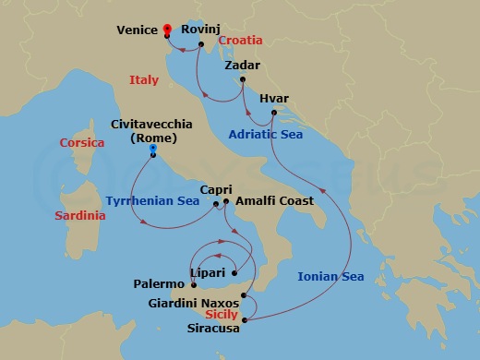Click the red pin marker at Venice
pos(167,29)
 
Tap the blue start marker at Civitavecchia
pos(152,149)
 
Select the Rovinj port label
pos(200,30)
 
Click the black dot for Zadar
pos(242,79)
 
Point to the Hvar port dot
pos(274,113)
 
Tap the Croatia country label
pos(241,41)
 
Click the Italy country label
pos(144,80)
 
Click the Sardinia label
pos(80,215)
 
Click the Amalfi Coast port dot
pos(226,200)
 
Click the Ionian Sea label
pos(330,276)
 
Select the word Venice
pos(136,30)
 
